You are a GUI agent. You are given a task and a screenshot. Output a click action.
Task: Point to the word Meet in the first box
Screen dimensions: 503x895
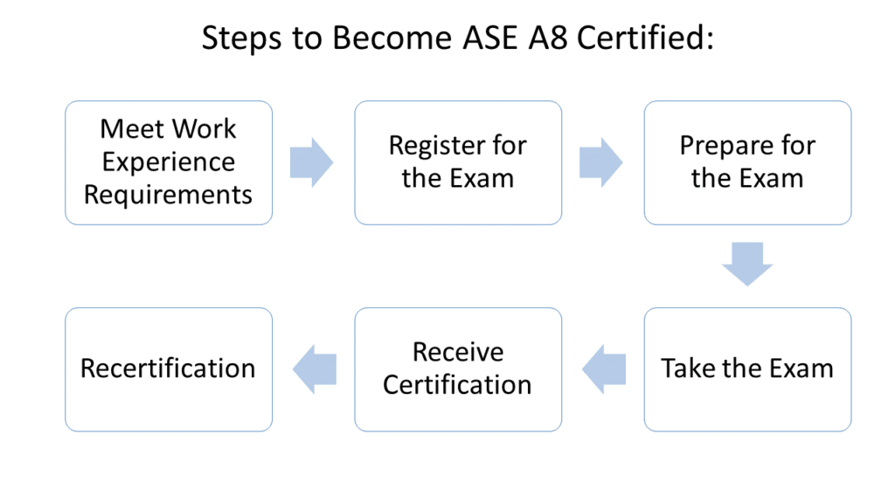click(x=131, y=129)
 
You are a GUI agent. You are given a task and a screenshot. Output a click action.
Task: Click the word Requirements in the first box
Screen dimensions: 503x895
click(x=168, y=194)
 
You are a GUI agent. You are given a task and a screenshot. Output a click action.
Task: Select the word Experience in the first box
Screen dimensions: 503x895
click(x=168, y=162)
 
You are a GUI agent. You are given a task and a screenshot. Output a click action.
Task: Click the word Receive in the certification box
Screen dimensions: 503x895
click(x=458, y=352)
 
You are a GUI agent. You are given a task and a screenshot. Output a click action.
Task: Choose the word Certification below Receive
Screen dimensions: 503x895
click(x=458, y=384)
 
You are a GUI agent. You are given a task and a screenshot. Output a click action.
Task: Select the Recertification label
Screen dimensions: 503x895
click(x=168, y=369)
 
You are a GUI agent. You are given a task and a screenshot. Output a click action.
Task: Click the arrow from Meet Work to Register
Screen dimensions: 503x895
click(x=311, y=162)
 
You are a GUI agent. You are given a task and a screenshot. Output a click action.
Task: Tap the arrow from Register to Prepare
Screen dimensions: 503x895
click(x=600, y=162)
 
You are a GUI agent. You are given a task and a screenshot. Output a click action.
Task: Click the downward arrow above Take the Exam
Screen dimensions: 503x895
click(x=747, y=265)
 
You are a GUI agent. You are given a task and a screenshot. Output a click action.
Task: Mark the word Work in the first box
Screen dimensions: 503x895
click(x=206, y=129)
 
